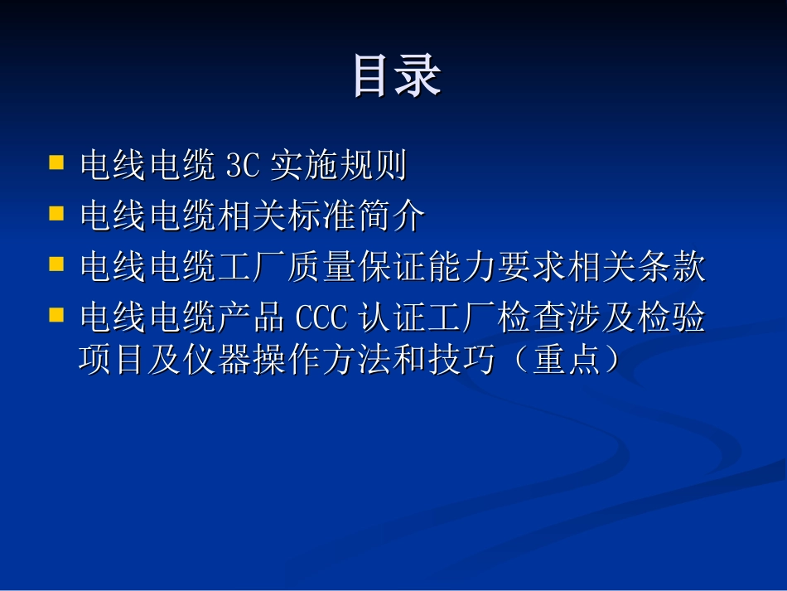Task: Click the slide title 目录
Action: [397, 75]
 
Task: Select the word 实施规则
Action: [338, 167]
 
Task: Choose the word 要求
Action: [532, 269]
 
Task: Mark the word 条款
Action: [671, 269]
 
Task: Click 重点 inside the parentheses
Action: [567, 362]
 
